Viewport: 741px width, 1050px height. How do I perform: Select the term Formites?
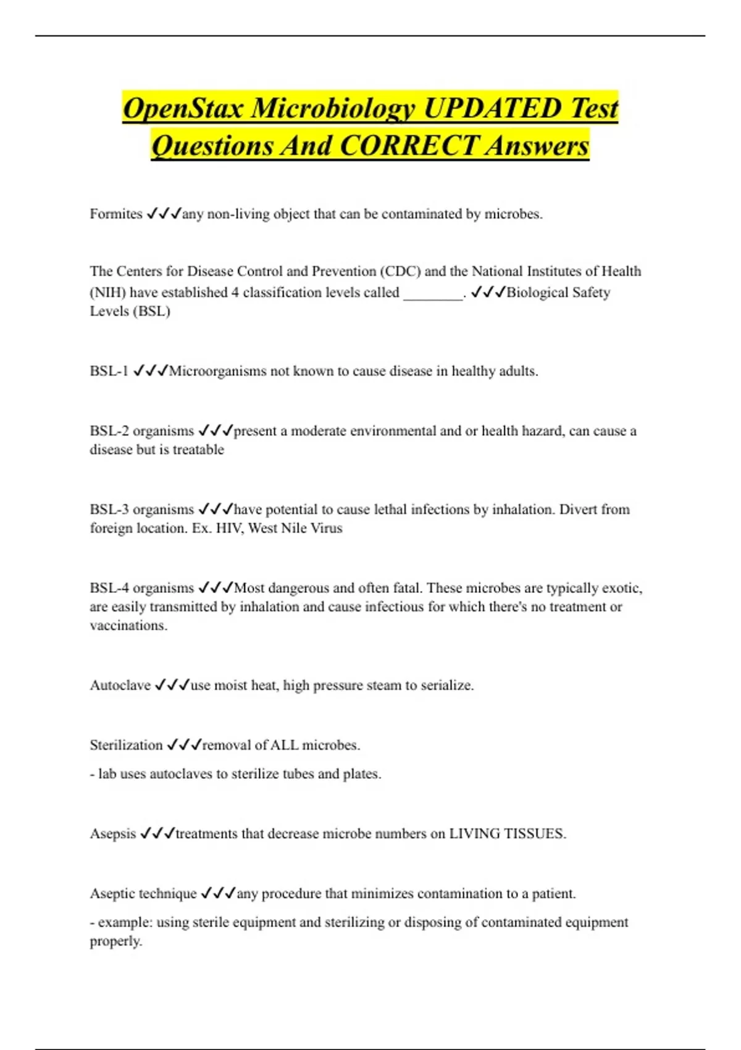pyautogui.click(x=116, y=214)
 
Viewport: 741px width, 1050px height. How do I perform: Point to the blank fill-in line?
pyautogui.click(x=433, y=293)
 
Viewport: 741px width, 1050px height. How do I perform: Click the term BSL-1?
pyautogui.click(x=109, y=371)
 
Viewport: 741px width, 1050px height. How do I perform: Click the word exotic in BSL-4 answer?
pyautogui.click(x=621, y=588)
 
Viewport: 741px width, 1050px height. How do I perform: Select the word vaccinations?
pyautogui.click(x=128, y=626)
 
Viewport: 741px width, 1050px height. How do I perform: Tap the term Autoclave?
pyautogui.click(x=120, y=686)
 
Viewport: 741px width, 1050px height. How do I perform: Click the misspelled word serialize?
pyautogui.click(x=446, y=686)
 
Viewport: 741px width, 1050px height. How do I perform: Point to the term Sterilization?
pyautogui.click(x=126, y=745)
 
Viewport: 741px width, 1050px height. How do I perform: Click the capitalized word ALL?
pyautogui.click(x=284, y=745)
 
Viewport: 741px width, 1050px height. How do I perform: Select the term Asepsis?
pyautogui.click(x=113, y=834)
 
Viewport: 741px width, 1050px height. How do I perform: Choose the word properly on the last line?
pyautogui.click(x=115, y=941)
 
